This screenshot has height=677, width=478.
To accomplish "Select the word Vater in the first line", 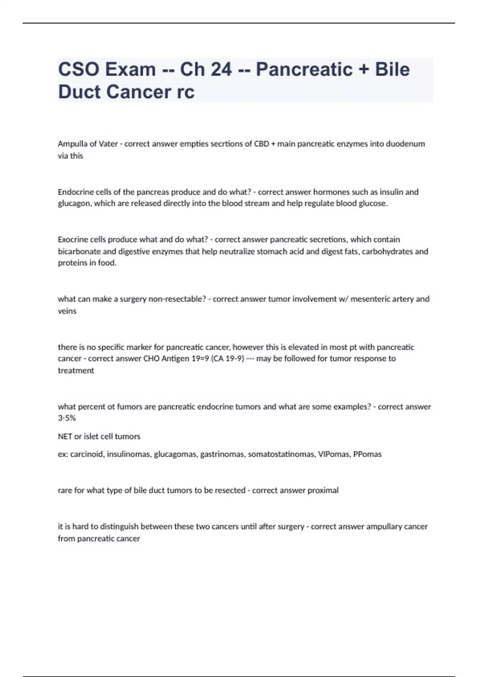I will pyautogui.click(x=108, y=144).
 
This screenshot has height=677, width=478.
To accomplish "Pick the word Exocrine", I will pyautogui.click(x=72, y=239).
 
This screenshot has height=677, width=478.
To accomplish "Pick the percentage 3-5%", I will pyautogui.click(x=67, y=418).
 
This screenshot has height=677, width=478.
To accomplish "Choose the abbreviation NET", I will pyautogui.click(x=65, y=436).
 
